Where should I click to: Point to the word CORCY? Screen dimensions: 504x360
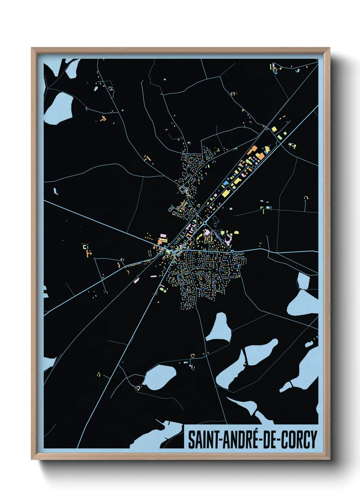click(x=299, y=440)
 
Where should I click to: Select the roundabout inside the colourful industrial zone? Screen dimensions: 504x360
click(x=253, y=168)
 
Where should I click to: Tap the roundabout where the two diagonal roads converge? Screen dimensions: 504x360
click(x=206, y=223)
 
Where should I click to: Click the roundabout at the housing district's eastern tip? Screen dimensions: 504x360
click(x=232, y=251)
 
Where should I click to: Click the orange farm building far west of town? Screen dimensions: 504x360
click(x=89, y=253)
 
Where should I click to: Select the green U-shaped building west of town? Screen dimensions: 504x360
click(x=85, y=246)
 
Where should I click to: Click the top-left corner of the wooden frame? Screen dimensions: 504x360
click(x=32, y=48)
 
